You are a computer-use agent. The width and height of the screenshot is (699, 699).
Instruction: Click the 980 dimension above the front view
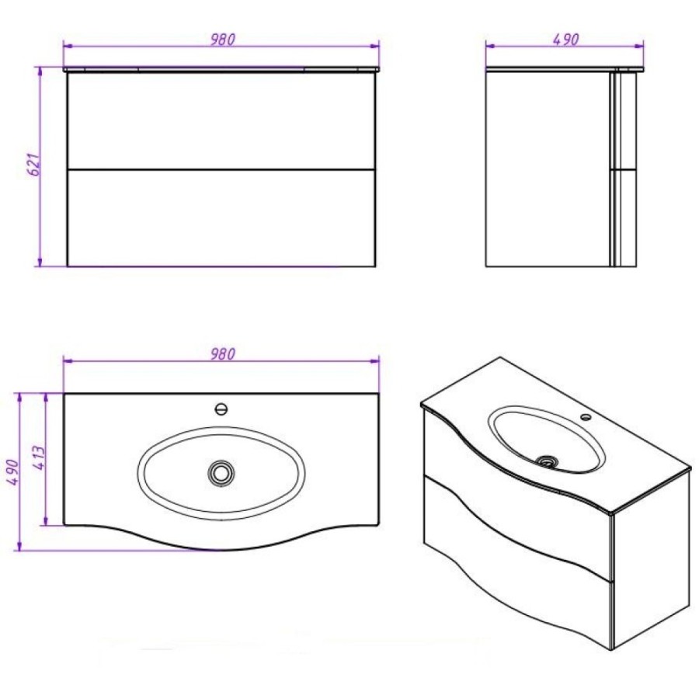click(x=222, y=40)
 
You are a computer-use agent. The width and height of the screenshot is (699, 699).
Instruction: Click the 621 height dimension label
click(x=35, y=164)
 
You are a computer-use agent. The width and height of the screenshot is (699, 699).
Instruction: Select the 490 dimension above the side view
click(x=565, y=40)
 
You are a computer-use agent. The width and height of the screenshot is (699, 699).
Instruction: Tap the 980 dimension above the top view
click(x=222, y=353)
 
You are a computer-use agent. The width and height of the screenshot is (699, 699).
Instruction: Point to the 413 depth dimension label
click(x=39, y=457)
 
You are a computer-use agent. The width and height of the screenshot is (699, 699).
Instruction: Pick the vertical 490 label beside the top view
click(x=12, y=472)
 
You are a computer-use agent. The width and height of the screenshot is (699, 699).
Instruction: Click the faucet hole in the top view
click(x=221, y=409)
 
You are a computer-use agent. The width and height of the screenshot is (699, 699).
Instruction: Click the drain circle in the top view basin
click(x=221, y=472)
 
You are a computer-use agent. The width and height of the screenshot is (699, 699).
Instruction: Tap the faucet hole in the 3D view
click(x=586, y=418)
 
